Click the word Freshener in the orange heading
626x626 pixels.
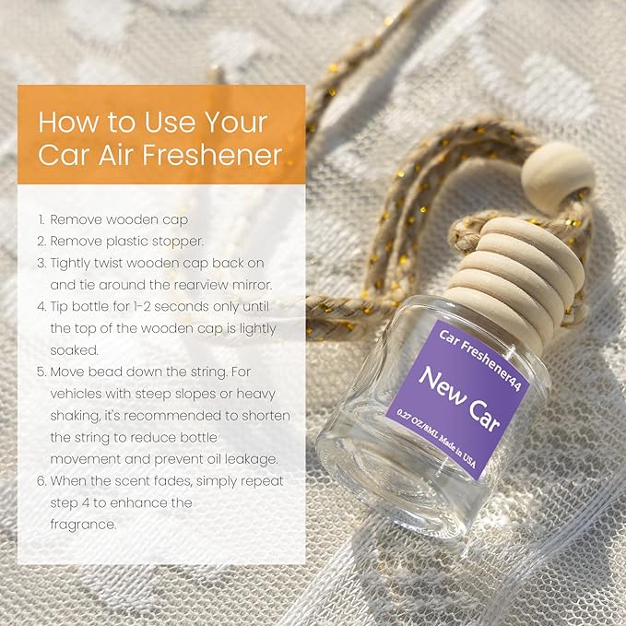212,155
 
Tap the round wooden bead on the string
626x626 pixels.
558,172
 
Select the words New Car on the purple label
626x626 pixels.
459,399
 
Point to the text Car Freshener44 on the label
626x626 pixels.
480,360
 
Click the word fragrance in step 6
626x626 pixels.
83,525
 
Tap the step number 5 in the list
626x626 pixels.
41,372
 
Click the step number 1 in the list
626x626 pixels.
41,219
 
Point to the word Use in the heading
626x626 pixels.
170,123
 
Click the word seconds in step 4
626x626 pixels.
182,307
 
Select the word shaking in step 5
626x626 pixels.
75,416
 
